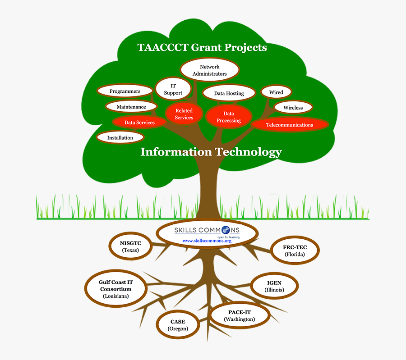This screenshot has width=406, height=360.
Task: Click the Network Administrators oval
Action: coord(209,70)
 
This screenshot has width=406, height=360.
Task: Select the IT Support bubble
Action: coord(173,89)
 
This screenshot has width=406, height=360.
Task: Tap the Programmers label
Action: coord(125,91)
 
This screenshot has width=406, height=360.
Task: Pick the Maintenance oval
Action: coord(131,107)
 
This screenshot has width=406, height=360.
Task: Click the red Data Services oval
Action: coord(139,122)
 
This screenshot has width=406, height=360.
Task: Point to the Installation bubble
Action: coord(120,137)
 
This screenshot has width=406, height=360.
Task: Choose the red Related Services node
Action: coord(184,114)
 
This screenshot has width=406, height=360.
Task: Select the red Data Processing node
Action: coord(229,117)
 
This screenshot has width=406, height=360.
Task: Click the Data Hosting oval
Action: coord(229,93)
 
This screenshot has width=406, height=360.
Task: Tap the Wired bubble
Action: coord(276,92)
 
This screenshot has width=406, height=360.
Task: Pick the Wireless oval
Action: coord(293,108)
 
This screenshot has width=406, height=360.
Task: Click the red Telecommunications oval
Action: coord(289,125)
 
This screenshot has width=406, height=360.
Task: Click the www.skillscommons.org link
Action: coord(207,241)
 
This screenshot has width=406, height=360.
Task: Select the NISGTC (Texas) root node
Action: coord(131,246)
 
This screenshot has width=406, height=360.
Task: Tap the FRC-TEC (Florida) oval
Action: coord(295,251)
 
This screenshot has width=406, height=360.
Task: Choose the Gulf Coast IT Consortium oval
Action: coord(116,289)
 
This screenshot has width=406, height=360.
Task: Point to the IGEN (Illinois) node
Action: coord(274,286)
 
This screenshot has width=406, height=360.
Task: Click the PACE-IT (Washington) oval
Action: coord(239,315)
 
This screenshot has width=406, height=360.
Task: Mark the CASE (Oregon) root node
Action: coord(178,325)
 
